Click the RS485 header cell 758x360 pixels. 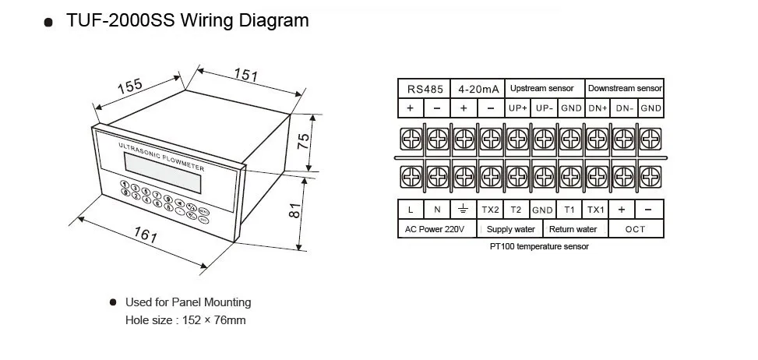coord(424,89)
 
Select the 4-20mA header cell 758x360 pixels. coord(478,89)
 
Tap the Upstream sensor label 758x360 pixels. coord(541,89)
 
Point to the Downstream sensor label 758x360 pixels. coord(624,89)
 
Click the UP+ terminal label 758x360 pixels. coord(518,108)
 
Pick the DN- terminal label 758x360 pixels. coord(624,108)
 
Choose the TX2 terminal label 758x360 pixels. coord(489,210)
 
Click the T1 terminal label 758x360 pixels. coord(569,210)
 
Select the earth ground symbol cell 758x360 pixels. coord(463,210)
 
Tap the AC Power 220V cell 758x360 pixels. coord(435,229)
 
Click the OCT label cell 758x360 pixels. coord(636,229)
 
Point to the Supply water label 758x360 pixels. coord(511,229)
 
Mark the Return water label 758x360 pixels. coord(573,229)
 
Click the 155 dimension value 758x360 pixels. coord(130,86)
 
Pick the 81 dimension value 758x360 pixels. coord(294,211)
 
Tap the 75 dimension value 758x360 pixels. coord(305,142)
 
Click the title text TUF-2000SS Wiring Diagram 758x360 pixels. coord(187,20)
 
